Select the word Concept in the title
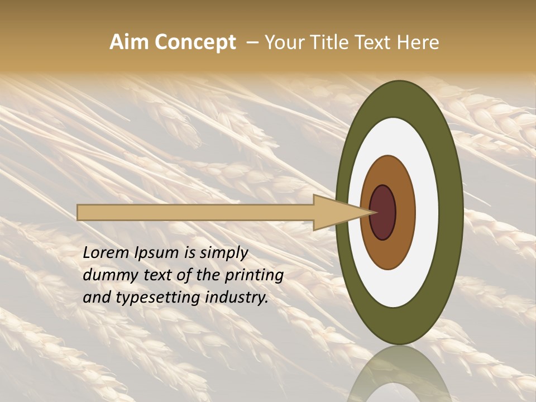(x=195, y=42)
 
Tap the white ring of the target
(x=427, y=213)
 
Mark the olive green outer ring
(x=451, y=213)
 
